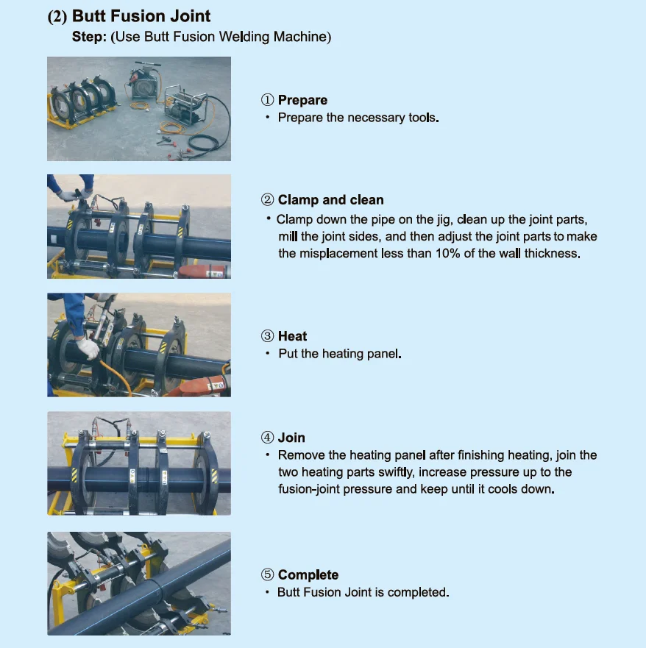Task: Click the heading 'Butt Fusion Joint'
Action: (141, 16)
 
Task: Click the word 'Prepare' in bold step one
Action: (302, 100)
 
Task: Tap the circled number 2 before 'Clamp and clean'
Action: (268, 200)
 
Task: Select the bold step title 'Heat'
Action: (292, 336)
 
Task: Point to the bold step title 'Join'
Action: (291, 438)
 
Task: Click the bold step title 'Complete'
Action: (308, 574)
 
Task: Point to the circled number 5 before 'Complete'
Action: (268, 574)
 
